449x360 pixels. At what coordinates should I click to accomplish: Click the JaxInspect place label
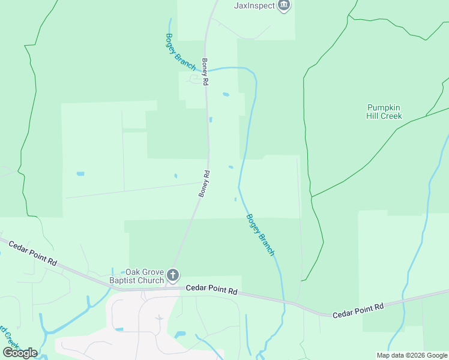pos(254,6)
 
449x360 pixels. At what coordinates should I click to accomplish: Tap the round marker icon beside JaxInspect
pos(285,6)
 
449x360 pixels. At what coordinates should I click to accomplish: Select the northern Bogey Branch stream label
pos(180,52)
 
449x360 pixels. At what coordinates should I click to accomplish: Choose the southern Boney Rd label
pos(204,184)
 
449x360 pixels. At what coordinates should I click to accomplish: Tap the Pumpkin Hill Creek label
pos(384,112)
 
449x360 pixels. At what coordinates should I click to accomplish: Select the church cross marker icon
pos(173,276)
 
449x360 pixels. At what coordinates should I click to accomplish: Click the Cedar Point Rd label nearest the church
pos(211,290)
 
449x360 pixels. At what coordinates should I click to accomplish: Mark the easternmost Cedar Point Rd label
pos(358,310)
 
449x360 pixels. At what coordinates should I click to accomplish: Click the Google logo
pos(20,352)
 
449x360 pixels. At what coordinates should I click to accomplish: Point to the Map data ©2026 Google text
pos(412,355)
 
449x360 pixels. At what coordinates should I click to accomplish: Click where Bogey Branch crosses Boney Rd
pos(208,70)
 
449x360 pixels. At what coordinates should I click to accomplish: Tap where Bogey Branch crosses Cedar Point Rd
pos(283,301)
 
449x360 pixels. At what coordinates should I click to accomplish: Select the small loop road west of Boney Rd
pos(195,79)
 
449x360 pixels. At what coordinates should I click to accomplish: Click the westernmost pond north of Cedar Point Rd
pos(80,174)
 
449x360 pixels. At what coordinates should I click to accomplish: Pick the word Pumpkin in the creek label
pos(384,107)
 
